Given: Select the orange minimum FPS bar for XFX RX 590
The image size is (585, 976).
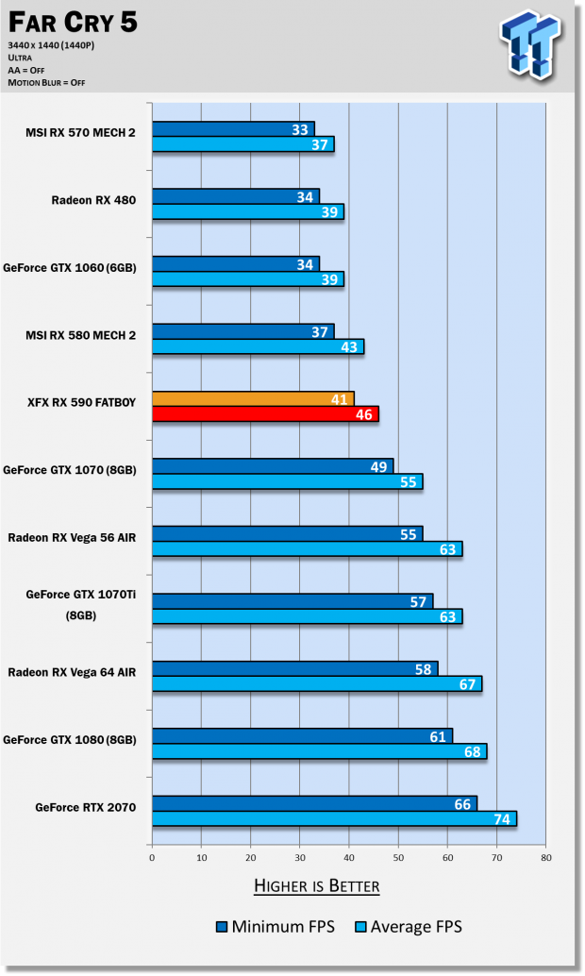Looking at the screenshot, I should (253, 399).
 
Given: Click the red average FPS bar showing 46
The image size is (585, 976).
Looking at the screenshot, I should (265, 414).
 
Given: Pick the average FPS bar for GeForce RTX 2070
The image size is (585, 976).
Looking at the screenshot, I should (334, 818).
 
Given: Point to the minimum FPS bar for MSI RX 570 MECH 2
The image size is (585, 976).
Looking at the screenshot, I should (233, 129).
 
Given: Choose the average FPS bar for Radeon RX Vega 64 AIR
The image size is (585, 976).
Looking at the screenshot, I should (317, 683).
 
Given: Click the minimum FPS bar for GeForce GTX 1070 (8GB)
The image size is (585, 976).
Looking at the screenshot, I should (273, 466).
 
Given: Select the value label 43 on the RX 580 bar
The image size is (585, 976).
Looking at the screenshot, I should (349, 347).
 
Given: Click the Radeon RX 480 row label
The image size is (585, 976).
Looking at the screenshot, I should (93, 200).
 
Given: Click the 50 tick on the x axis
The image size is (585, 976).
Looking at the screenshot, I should (398, 858).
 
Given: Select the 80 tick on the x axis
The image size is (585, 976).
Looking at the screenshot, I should (546, 858).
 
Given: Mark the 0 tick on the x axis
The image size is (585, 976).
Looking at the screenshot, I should (152, 858).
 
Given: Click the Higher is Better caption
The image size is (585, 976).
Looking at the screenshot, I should (316, 885).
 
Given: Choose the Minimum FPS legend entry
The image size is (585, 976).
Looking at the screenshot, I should (273, 927).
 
